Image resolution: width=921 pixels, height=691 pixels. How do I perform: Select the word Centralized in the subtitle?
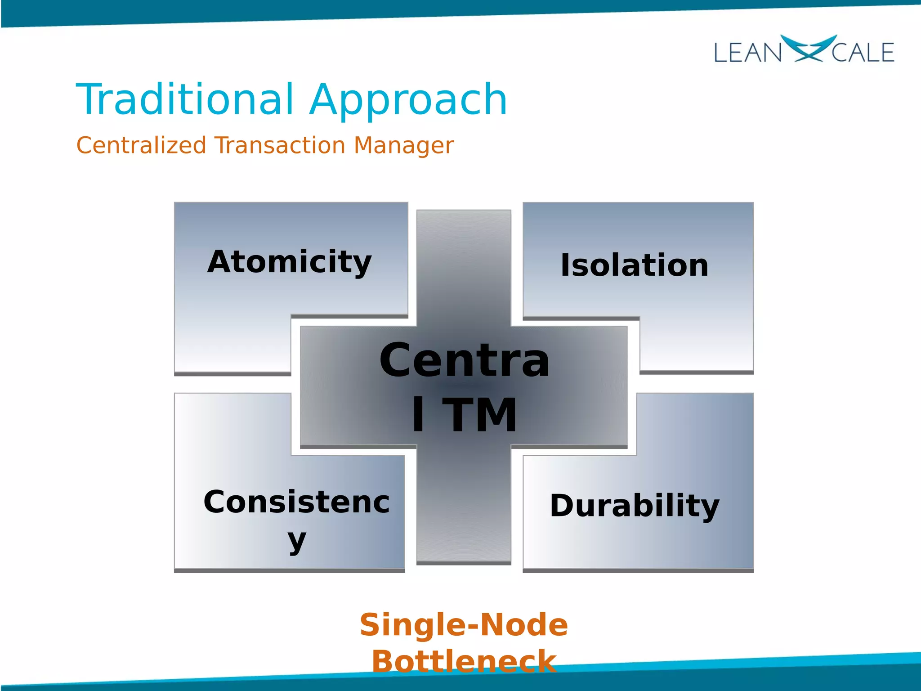point(141,145)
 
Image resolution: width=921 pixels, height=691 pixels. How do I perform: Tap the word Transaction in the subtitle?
point(280,145)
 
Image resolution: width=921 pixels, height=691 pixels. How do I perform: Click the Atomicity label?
point(289,262)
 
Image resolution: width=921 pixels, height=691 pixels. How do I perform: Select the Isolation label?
point(634,265)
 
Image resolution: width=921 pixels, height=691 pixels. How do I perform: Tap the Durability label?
point(635,506)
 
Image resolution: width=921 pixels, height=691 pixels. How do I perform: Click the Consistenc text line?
point(296,502)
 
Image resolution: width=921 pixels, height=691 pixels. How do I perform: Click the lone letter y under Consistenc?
point(297,541)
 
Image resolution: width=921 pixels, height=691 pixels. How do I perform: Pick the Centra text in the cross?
point(464,361)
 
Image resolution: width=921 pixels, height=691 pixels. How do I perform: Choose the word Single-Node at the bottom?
point(464,625)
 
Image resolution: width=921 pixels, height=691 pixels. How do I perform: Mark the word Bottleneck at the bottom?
point(464,661)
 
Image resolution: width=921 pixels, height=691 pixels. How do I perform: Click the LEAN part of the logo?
point(747,53)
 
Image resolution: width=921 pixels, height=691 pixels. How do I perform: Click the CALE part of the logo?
point(863,53)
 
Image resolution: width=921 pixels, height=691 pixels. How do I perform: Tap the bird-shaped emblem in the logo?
point(808,48)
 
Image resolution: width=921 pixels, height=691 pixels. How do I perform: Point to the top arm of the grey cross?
point(464,265)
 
